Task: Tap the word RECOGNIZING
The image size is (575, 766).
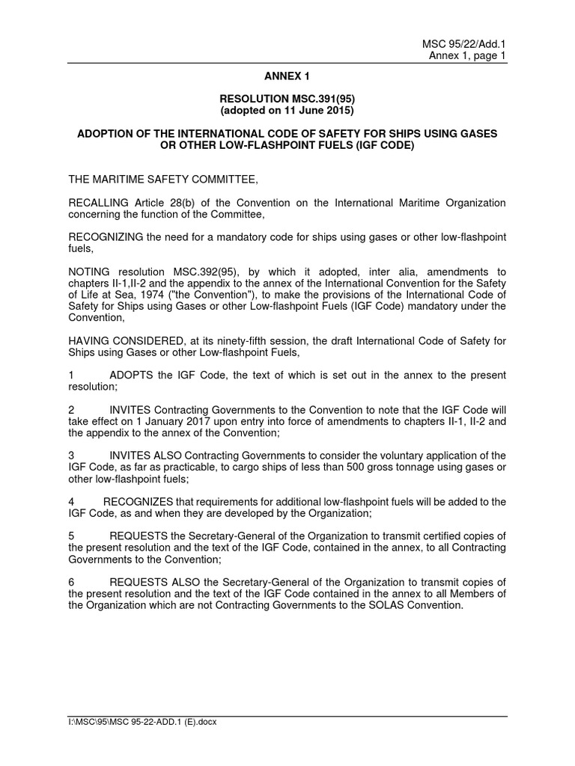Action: pyautogui.click(x=106, y=237)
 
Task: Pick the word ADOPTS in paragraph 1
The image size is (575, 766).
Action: pyautogui.click(x=132, y=375)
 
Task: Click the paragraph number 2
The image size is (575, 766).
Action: pyautogui.click(x=71, y=409)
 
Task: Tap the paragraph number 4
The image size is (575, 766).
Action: pyautogui.click(x=71, y=501)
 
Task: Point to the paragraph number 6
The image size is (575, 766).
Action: pyautogui.click(x=71, y=582)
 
